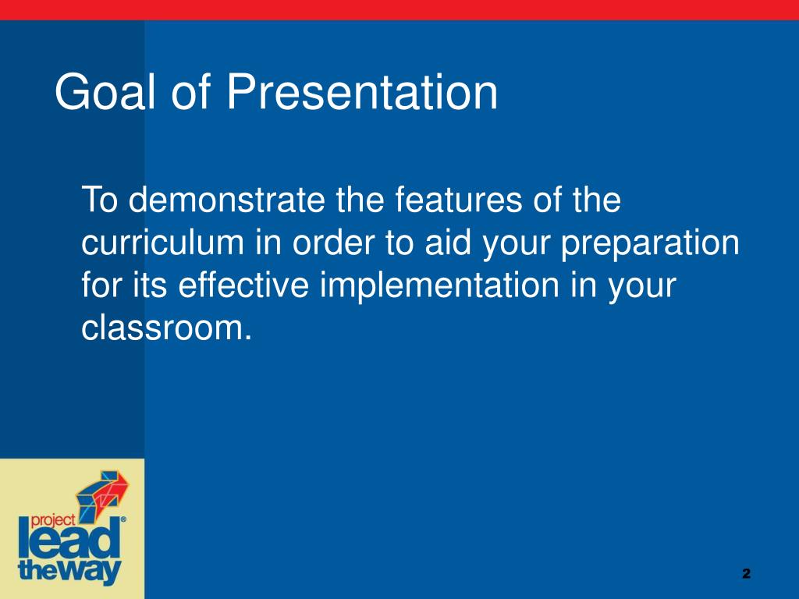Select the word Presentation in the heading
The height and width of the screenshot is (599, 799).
tap(362, 92)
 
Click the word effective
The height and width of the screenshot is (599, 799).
tap(243, 285)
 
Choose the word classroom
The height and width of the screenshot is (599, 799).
tap(166, 328)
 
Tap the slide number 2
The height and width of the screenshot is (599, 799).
tap(747, 573)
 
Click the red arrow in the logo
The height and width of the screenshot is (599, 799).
tap(113, 488)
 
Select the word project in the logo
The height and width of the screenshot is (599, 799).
tap(53, 520)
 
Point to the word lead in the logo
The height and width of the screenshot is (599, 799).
tap(69, 540)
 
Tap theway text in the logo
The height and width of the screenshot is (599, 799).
tap(69, 571)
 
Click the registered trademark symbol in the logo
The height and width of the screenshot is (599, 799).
tap(123, 519)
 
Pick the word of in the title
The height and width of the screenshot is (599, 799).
tap(190, 92)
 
